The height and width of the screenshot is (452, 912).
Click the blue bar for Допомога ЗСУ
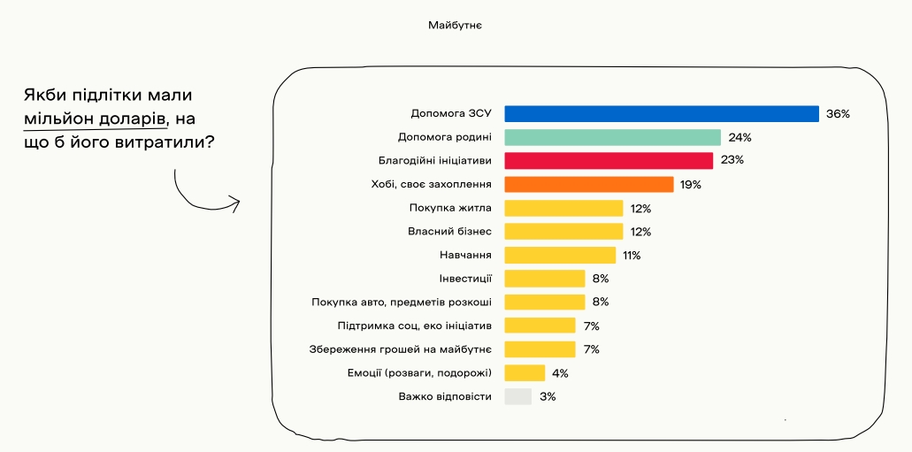pos(661,114)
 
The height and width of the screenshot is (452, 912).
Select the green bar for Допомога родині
pos(612,137)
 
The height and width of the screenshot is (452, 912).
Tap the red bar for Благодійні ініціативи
pos(609,160)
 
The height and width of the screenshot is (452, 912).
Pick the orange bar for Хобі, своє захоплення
pos(589,184)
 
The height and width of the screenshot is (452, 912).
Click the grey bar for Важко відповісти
pos(517,396)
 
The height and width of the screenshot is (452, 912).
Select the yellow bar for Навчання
pos(559,255)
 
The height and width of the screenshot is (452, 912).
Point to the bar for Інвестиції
pos(544,279)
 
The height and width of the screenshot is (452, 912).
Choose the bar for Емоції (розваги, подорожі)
pos(525,372)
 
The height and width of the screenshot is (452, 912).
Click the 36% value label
pos(838,114)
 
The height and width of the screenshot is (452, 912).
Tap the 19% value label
pos(691,184)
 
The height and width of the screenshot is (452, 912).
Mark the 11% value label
pos(631,255)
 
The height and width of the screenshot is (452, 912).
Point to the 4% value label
pos(560,372)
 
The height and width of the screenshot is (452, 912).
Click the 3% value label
pos(548,396)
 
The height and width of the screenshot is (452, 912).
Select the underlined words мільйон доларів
pos(95,118)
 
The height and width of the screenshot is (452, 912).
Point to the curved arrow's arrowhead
pos(235,204)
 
